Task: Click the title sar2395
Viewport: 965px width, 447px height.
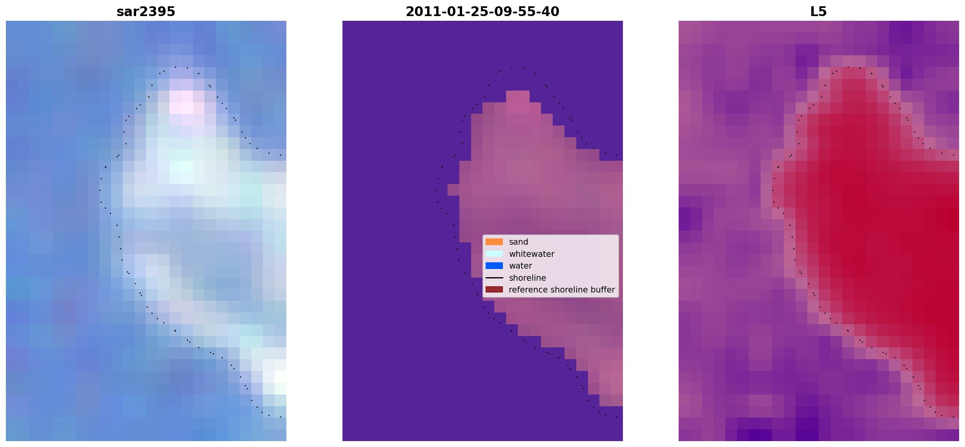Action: pos(146,12)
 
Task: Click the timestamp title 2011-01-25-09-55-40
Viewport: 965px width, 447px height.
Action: pos(482,12)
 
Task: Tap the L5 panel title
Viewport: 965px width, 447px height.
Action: pos(819,12)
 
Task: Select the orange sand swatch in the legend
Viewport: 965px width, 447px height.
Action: pos(494,242)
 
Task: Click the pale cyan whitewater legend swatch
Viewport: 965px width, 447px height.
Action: pos(494,254)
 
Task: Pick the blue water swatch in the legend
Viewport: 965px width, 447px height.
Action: pos(494,266)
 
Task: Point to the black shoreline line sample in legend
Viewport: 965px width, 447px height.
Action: pos(494,278)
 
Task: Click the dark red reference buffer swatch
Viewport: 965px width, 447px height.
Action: pos(494,290)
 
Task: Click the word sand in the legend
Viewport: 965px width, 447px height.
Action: pos(519,242)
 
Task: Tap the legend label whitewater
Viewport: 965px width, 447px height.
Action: pos(532,254)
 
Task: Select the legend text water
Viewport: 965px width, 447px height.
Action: pos(521,266)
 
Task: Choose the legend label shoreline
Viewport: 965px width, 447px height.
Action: pos(528,278)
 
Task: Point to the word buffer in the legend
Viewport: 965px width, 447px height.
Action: pos(603,290)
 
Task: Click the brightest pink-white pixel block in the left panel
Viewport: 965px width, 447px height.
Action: pos(181,102)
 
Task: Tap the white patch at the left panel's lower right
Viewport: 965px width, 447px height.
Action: pos(275,377)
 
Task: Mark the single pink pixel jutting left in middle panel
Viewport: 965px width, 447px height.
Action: pos(453,190)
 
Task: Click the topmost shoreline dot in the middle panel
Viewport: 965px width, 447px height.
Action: pos(512,67)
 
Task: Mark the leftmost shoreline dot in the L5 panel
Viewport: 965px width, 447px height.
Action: pos(772,190)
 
